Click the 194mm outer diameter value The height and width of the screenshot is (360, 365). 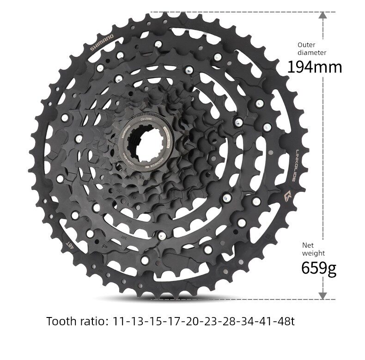click(315, 67)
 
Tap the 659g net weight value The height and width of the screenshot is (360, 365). click(319, 268)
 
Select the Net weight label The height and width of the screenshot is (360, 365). click(313, 249)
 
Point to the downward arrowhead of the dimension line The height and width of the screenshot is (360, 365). click(323, 295)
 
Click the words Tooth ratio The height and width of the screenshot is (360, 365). click(77, 321)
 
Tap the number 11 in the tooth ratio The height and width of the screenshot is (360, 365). click(120, 321)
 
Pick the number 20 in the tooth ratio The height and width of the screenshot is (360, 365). click(189, 321)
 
